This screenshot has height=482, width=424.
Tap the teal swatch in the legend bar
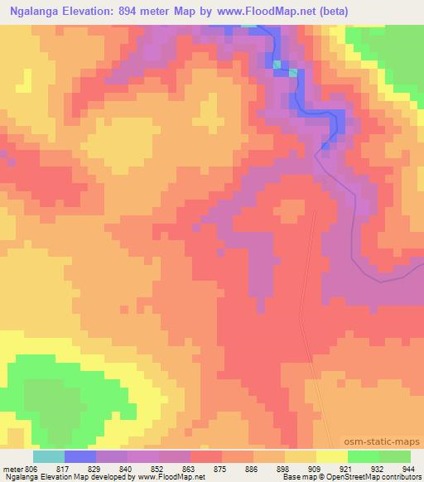click(x=48, y=456)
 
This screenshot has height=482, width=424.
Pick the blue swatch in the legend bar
click(x=80, y=456)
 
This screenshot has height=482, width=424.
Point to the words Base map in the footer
click(x=295, y=478)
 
